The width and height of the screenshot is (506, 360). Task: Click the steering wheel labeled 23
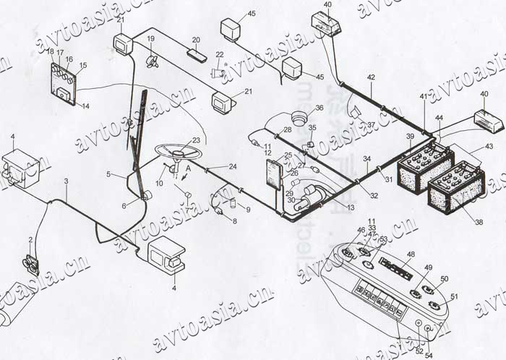click(x=177, y=153)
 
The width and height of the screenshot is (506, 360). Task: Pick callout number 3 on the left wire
click(x=66, y=180)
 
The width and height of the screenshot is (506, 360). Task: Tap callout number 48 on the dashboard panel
click(x=411, y=254)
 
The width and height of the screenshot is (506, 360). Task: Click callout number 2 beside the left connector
click(x=30, y=239)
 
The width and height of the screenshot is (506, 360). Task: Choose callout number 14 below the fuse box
click(x=85, y=106)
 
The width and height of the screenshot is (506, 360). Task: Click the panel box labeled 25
click(x=274, y=173)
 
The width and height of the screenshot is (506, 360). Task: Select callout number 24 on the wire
click(x=233, y=166)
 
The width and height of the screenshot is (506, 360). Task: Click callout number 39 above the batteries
click(x=410, y=137)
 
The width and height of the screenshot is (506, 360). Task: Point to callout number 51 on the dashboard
click(x=454, y=296)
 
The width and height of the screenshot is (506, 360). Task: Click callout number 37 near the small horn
click(x=371, y=125)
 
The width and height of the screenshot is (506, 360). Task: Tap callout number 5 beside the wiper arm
click(x=109, y=174)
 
